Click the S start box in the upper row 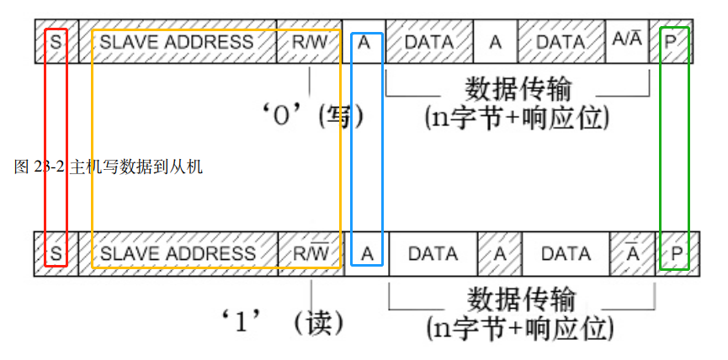pos(56,42)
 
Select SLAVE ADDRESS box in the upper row pos(177,42)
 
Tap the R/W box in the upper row pos(309,42)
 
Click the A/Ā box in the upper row pos(627,42)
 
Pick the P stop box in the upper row pos(671,42)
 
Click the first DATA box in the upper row pos(429,42)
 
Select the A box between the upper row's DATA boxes pos(495,42)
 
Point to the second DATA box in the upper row pos(561,42)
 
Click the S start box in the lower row pos(56,254)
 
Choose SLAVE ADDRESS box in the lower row pos(178,254)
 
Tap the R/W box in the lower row pos(311,254)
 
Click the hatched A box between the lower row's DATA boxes pos(500,254)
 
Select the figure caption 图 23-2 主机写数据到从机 pos(109,167)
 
